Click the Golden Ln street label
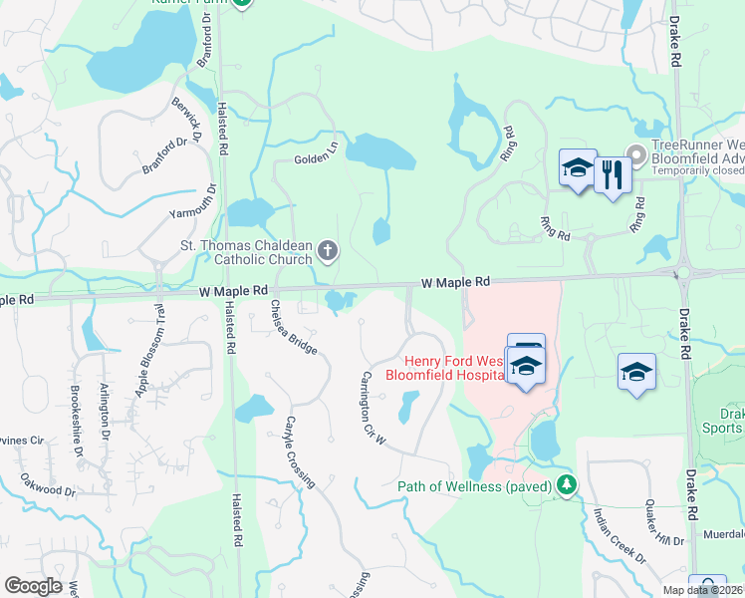point(316,159)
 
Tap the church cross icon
point(328,249)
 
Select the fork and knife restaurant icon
point(611,176)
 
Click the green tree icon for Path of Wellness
point(567,485)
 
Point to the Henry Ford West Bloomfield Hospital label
point(453,367)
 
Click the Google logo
point(32,585)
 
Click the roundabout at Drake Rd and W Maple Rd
point(681,272)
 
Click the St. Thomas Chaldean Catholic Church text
point(244,253)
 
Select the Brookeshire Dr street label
point(76,420)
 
